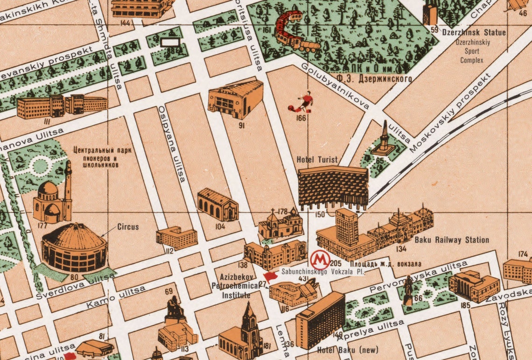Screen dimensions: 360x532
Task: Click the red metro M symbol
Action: (x=320, y=258)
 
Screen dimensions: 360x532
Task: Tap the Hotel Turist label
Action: (x=317, y=160)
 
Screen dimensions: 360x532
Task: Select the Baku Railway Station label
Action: (x=452, y=240)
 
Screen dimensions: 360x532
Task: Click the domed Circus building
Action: (x=74, y=247)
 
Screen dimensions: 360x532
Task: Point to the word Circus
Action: (x=128, y=227)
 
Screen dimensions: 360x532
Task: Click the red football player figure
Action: (x=301, y=102)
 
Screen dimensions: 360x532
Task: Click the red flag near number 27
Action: (x=270, y=277)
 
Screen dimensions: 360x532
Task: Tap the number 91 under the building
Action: (x=242, y=125)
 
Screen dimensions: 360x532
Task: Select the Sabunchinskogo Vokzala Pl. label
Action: (x=322, y=271)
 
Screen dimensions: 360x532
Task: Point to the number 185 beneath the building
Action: (x=465, y=305)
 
